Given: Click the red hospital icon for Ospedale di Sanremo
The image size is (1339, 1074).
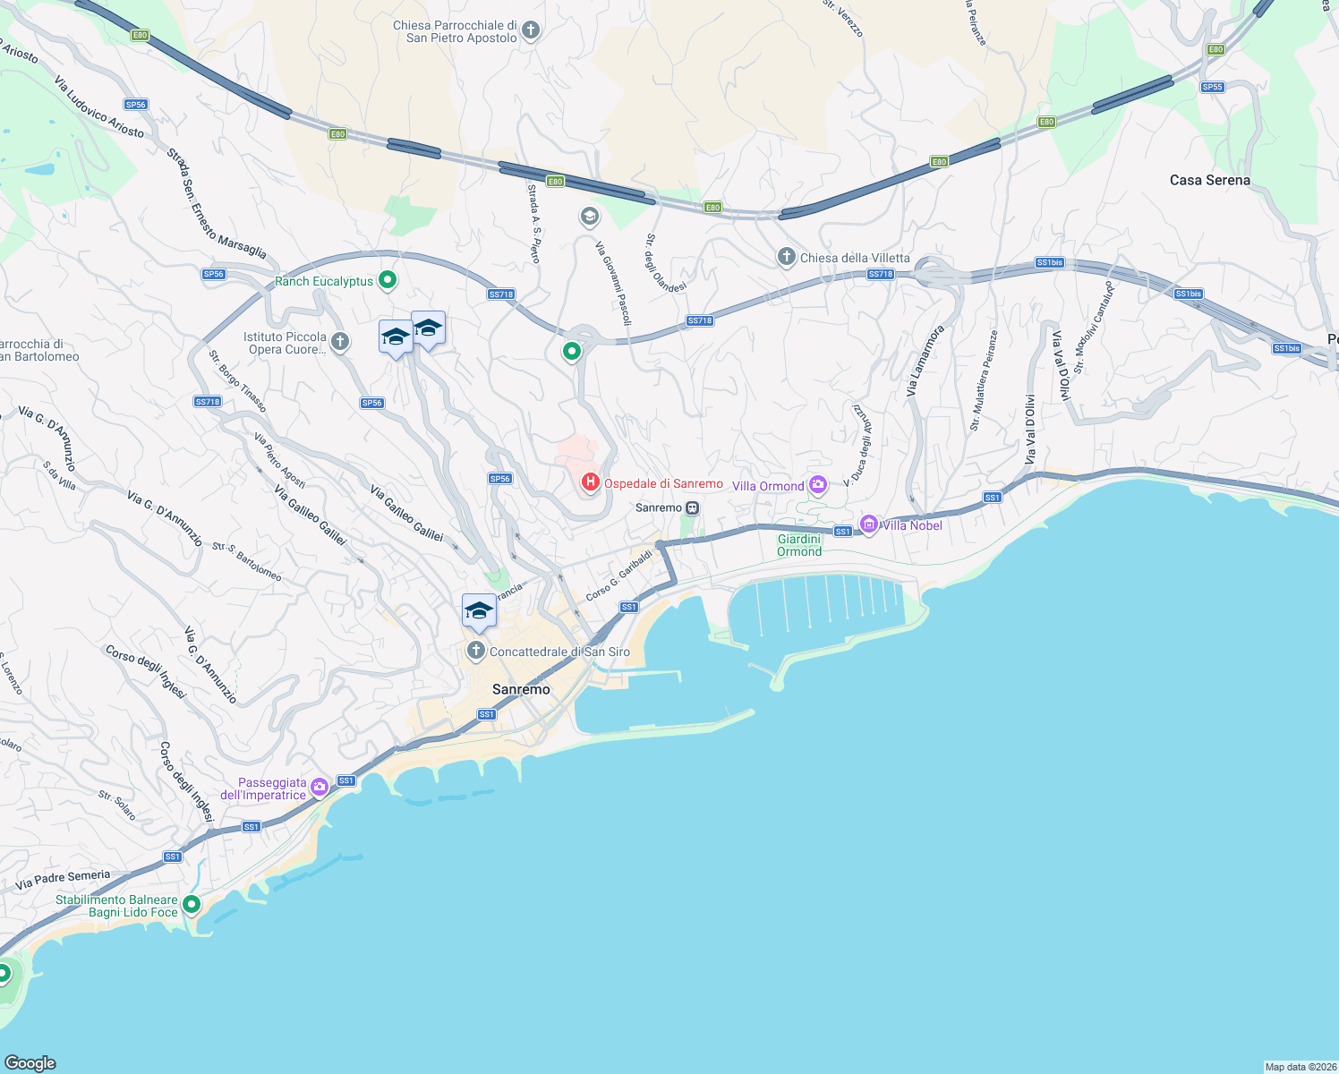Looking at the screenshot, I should coord(590,483).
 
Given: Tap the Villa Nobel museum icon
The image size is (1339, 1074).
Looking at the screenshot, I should coord(868,524).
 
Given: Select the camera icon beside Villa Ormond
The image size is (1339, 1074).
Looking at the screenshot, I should coord(817,485).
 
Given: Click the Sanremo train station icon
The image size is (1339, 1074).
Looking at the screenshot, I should coord(692,507).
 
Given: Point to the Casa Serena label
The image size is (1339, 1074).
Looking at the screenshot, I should coord(1209,180).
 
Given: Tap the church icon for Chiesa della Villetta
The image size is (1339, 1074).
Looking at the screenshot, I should coord(786,258).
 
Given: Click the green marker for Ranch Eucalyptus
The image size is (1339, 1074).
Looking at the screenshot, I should coord(388,281).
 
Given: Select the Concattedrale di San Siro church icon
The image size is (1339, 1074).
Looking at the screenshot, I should coord(476,651).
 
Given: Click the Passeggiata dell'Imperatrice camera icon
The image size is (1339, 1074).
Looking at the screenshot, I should coord(320,788).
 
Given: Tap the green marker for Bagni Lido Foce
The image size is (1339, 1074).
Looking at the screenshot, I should coord(191,905).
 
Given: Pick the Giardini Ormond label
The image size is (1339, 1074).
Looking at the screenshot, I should coord(799,545).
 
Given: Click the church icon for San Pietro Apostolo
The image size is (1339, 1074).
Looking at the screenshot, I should coord(531,31).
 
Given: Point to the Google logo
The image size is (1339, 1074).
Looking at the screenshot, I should coord(30,1063).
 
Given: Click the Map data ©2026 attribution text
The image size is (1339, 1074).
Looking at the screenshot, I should coord(1301,1067).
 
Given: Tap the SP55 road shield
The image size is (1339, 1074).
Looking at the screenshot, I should coord(1213,87).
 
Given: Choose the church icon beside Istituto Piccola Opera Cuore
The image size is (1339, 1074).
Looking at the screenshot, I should coord(340,341).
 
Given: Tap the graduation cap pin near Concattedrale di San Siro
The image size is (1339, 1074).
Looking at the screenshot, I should coord(479,611).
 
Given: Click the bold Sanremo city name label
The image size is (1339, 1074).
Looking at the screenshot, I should coord(521,689).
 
